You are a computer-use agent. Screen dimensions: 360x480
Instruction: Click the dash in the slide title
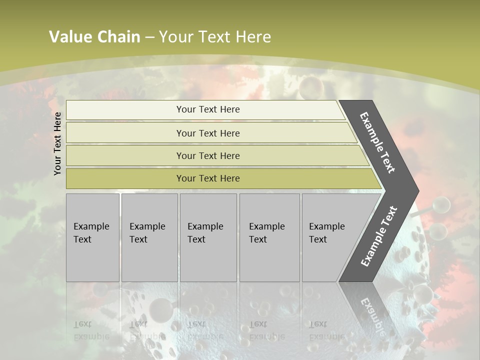(x=149, y=37)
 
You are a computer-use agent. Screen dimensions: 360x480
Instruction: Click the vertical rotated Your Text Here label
(x=57, y=143)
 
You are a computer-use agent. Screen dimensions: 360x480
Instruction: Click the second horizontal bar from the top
(x=208, y=133)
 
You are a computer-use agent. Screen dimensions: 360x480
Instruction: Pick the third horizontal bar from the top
(x=208, y=155)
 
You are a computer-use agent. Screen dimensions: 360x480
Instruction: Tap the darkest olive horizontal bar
(x=208, y=178)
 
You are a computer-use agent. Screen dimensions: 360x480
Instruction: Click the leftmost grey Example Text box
(x=92, y=237)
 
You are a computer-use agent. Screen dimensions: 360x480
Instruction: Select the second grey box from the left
(x=149, y=237)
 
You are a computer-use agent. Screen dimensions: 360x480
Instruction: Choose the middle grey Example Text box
(x=208, y=237)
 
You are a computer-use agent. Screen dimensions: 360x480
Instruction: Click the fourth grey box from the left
(x=269, y=237)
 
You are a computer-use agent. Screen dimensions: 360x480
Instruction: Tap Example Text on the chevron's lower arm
(x=379, y=236)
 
